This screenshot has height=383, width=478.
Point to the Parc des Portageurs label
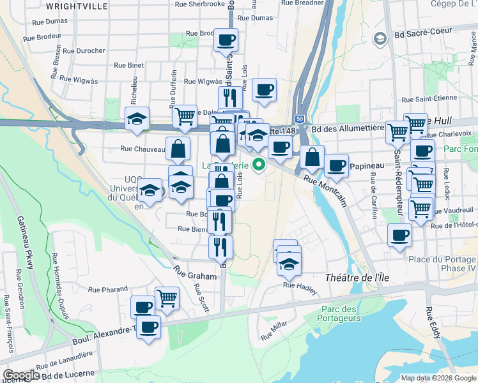(332, 313)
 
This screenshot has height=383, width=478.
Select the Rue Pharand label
(108, 289)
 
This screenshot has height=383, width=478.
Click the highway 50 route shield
(299, 118)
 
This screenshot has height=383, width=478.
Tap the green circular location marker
(259, 164)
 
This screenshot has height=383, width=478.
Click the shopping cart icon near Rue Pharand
(167, 297)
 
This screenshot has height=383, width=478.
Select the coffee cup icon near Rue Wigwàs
(264, 90)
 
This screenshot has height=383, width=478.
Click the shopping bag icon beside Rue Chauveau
(178, 149)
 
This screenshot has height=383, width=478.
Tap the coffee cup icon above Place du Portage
(399, 234)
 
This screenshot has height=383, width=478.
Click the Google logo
(21, 375)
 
